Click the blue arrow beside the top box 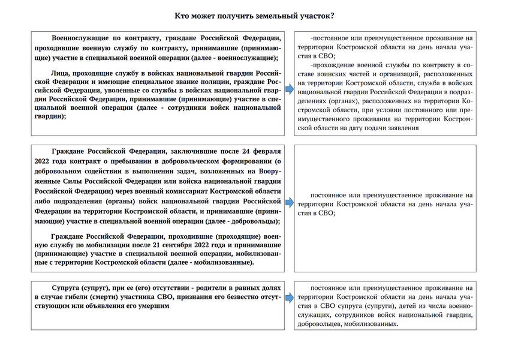pos(289,89)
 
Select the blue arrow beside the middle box pos(289,204)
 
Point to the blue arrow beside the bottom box pos(289,298)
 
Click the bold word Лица pos(61,70)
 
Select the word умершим pos(152,306)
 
